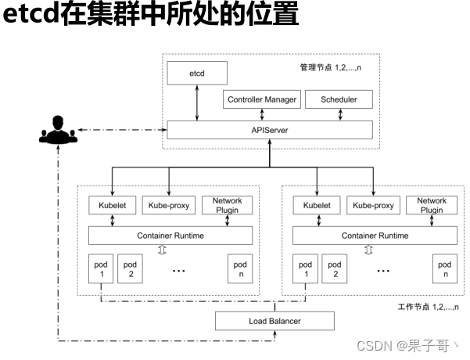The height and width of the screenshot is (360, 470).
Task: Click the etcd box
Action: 196,73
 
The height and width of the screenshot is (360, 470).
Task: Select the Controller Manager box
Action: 262,99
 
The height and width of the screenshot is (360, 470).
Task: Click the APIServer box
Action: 268,128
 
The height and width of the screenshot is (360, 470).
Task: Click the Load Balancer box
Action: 274,321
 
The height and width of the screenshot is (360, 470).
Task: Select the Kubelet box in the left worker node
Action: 113,205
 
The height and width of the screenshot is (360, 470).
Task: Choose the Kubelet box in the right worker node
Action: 317,205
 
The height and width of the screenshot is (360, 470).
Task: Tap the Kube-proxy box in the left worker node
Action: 169,205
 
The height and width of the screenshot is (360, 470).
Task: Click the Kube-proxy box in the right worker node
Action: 374,205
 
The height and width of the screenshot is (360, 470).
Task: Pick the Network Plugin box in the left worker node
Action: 227,205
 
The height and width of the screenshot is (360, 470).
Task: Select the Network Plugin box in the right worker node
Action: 432,205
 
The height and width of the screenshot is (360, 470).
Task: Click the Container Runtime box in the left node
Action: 171,235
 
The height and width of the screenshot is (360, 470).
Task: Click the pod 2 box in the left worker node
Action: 131,268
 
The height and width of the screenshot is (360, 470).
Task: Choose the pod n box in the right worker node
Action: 445,268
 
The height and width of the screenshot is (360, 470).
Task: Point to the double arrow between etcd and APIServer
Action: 196,102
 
